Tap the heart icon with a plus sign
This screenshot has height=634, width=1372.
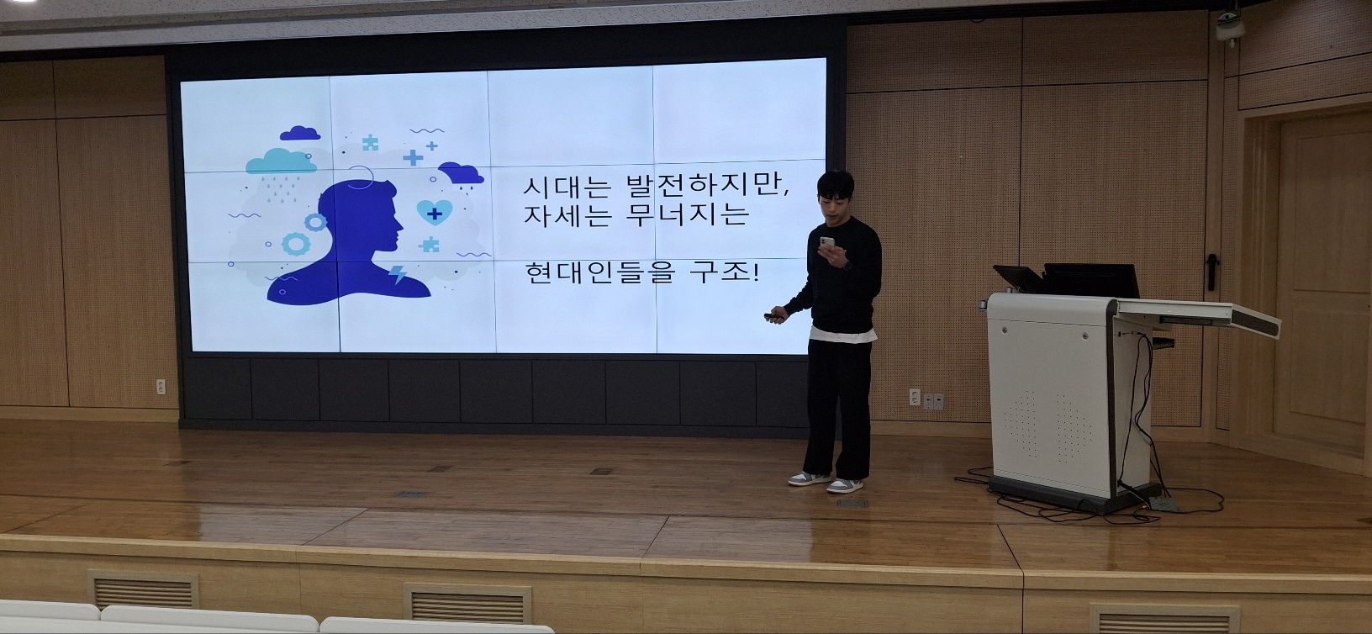click(435, 213)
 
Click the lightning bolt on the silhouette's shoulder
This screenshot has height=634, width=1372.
click(397, 274)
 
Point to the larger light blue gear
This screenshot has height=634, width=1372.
click(296, 244)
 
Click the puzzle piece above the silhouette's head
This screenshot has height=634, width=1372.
click(370, 143)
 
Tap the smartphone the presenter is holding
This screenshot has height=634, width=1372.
click(827, 245)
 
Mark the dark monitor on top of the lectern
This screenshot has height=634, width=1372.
click(1090, 281)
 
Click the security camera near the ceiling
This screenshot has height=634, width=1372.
click(1229, 25)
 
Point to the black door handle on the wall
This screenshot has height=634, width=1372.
click(1211, 272)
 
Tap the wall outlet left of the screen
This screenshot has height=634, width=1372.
click(161, 387)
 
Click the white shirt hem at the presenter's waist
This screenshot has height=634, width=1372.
click(843, 334)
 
